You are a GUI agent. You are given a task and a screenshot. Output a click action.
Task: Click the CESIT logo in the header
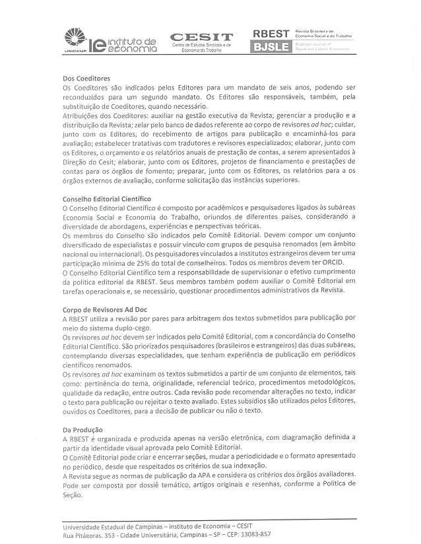201,37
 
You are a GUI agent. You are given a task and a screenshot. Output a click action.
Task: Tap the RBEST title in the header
271,33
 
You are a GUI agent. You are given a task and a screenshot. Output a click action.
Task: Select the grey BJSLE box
271,46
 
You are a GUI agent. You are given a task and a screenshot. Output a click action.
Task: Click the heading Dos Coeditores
86,78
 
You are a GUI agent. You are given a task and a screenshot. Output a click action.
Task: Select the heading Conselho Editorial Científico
106,198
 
